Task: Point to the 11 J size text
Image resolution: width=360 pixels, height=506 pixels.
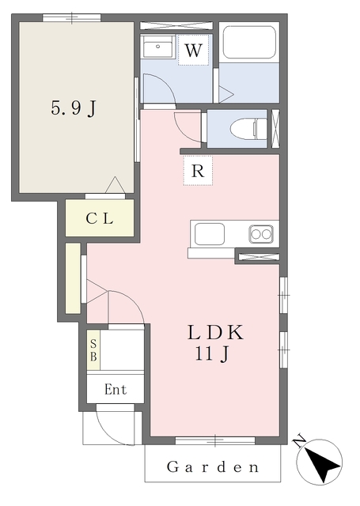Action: [x=212, y=354]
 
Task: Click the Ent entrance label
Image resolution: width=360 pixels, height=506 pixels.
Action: [x=115, y=390]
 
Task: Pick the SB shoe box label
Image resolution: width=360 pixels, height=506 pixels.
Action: [x=93, y=349]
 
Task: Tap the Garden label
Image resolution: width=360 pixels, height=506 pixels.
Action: [x=213, y=467]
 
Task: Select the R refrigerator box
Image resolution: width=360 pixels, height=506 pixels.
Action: [x=199, y=169]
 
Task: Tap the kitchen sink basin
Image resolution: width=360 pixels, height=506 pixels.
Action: [x=210, y=235]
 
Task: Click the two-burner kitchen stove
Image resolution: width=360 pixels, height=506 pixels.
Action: [x=261, y=233]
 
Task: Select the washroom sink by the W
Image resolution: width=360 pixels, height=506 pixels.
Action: [x=158, y=47]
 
